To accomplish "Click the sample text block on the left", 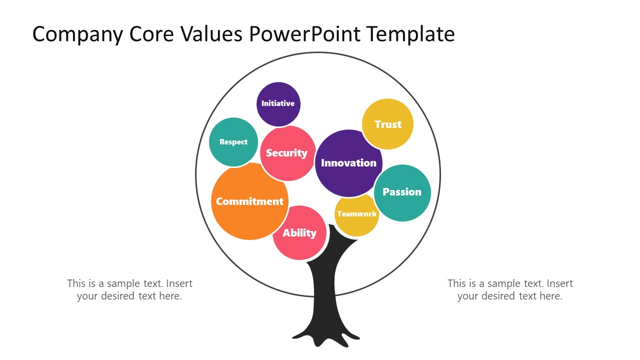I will tap(129, 289).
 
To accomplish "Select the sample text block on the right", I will tap(510, 289).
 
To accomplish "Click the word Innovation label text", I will tap(348, 163).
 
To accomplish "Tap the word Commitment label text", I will tap(249, 201).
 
